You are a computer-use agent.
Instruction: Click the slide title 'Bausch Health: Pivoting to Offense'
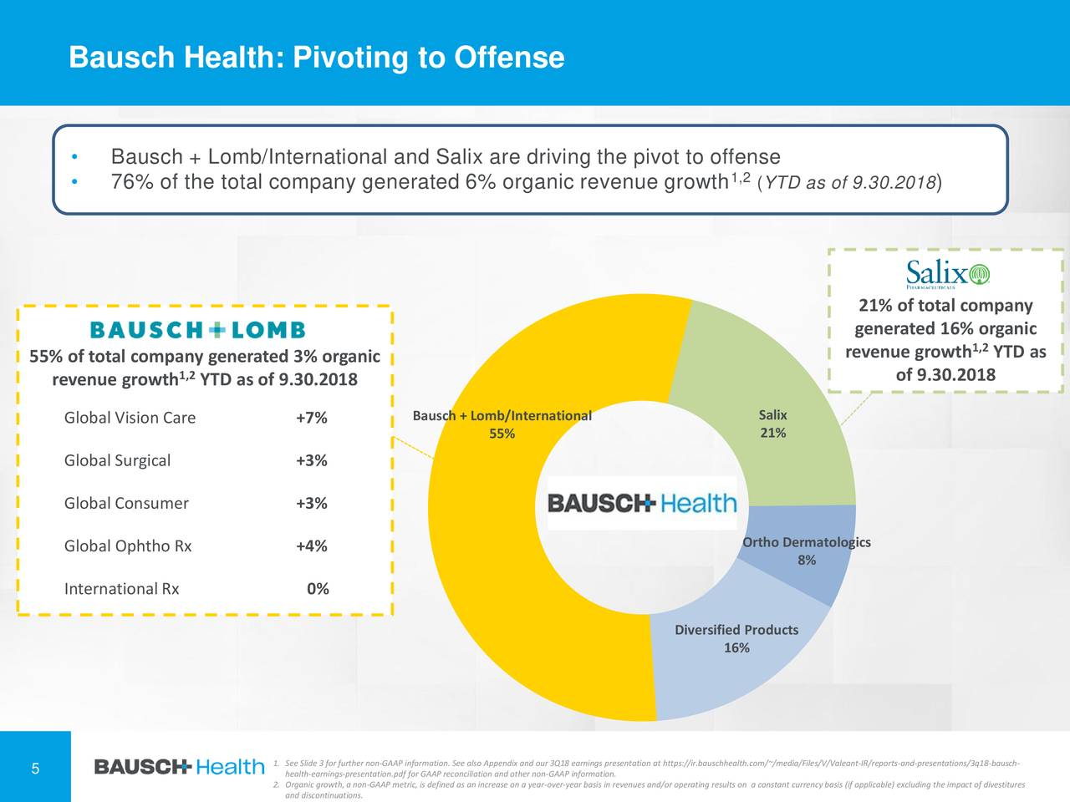point(316,58)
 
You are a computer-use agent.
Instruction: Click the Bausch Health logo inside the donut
point(642,503)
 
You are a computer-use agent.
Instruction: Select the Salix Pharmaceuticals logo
point(947,273)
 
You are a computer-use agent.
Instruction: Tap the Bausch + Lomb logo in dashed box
point(197,330)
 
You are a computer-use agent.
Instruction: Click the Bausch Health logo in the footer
point(179,766)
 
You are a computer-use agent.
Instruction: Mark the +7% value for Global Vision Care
point(311,418)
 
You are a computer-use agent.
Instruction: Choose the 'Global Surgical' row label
point(117,460)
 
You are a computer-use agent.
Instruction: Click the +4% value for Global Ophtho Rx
point(311,546)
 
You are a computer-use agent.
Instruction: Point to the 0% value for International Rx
point(318,589)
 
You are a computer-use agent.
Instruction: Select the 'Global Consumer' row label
point(126,503)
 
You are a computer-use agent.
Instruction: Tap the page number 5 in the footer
point(35,769)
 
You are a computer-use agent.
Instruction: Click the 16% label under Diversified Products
point(736,648)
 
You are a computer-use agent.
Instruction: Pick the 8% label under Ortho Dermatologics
point(807,561)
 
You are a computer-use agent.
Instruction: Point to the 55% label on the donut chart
point(502,434)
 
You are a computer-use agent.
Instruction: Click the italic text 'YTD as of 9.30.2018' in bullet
point(848,183)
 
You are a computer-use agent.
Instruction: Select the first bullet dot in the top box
point(74,158)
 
